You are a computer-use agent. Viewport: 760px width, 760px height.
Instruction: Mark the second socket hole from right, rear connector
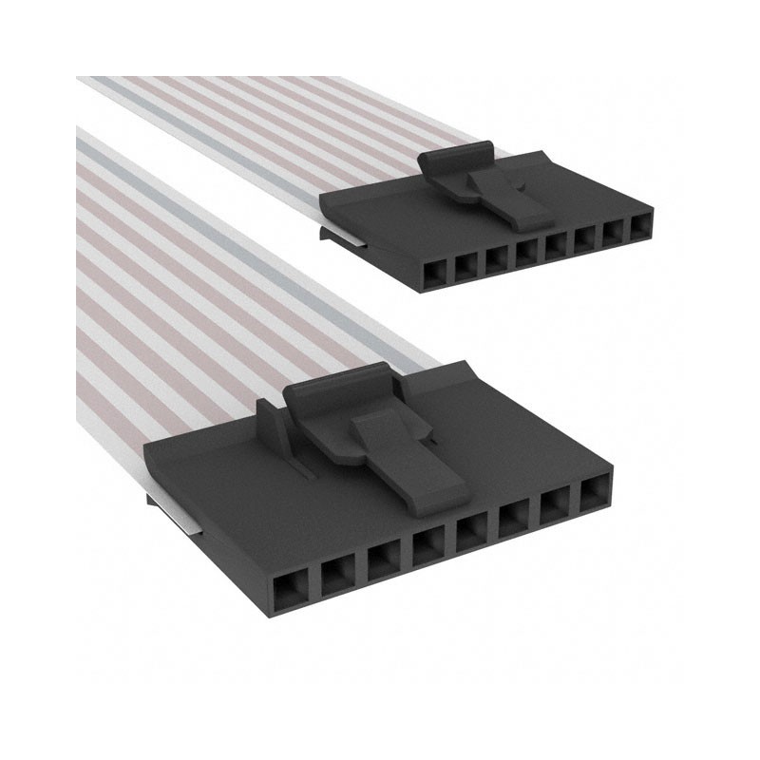tap(616, 234)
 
